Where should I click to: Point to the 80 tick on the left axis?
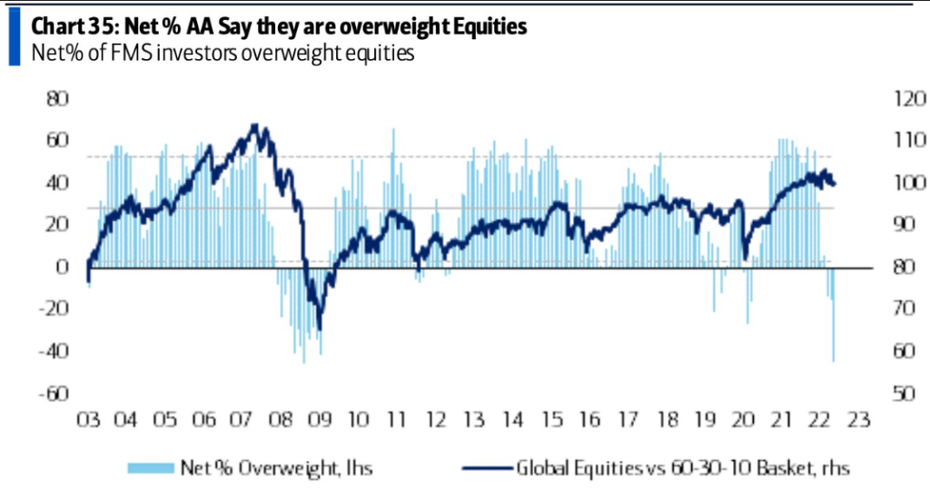point(58,97)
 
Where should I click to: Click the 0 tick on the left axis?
point(64,266)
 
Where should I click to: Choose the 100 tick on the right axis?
point(884,183)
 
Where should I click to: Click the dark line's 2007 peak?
point(255,125)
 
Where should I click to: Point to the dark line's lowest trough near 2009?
point(319,329)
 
